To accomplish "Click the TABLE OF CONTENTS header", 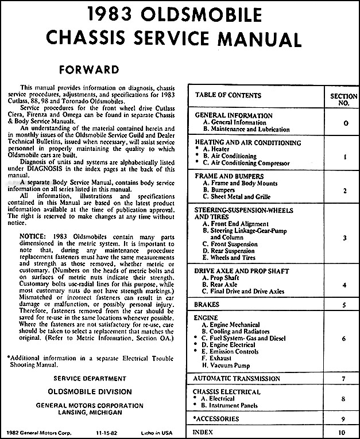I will (x=228, y=95).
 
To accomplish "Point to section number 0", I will (x=343, y=123).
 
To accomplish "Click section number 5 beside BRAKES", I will (x=343, y=305).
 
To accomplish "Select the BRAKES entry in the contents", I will (x=207, y=305).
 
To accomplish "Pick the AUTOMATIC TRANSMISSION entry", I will (x=237, y=379).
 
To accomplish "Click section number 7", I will (x=343, y=379).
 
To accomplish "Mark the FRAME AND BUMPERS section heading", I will (x=229, y=176).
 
